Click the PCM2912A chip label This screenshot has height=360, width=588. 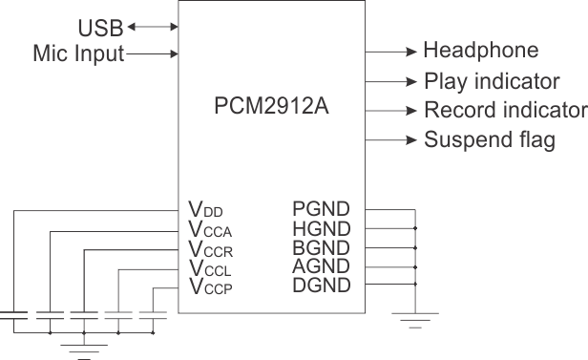272,106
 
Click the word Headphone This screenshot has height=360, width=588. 480,51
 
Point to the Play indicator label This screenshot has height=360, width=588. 491,81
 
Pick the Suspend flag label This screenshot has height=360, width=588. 489,140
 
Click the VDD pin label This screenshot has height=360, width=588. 206,210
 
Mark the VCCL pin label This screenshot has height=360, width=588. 210,268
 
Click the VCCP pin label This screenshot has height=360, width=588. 210,286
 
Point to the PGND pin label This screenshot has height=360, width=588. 321,209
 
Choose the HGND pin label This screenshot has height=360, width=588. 321,228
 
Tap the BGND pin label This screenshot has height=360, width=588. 321,247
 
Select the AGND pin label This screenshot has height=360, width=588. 321,266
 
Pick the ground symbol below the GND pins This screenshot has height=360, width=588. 415,318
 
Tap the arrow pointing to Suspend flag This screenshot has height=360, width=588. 391,140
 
